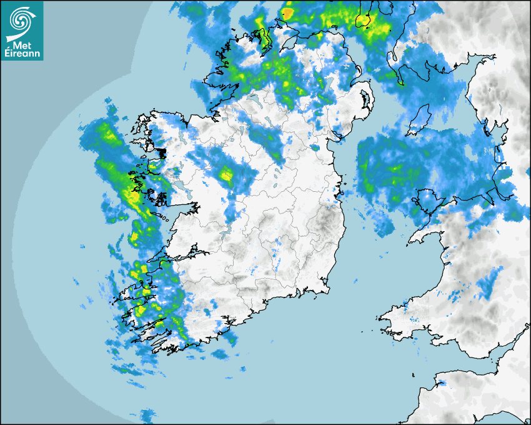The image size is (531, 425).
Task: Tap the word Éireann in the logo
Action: click(22, 54)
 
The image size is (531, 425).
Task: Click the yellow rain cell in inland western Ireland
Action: click(226, 176)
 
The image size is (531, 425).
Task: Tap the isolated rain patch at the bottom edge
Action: click(148, 415)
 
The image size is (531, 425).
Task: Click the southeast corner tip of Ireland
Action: click(327, 289)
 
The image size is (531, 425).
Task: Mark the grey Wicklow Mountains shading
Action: click(325, 222)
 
